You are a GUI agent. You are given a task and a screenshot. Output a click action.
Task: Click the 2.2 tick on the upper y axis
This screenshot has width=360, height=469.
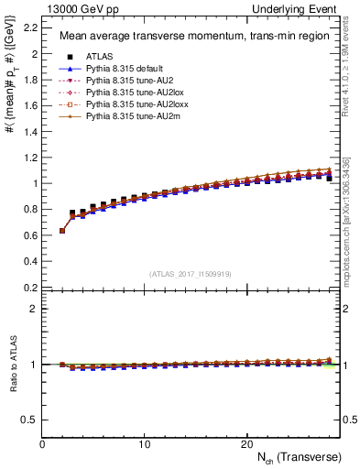[30, 27]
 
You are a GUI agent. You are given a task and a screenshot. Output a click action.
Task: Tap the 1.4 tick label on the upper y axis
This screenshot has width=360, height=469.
[30, 131]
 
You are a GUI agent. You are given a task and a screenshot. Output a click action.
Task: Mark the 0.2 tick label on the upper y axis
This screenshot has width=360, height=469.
[30, 287]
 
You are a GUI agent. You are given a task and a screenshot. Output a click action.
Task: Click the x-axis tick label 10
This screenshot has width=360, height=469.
[144, 443]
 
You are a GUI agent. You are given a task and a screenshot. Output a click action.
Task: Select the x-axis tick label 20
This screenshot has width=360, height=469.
[245, 443]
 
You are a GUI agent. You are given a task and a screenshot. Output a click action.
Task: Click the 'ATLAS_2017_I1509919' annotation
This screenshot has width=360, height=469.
[190, 273]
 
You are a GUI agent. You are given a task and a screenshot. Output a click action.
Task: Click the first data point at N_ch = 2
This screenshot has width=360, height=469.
[62, 231]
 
